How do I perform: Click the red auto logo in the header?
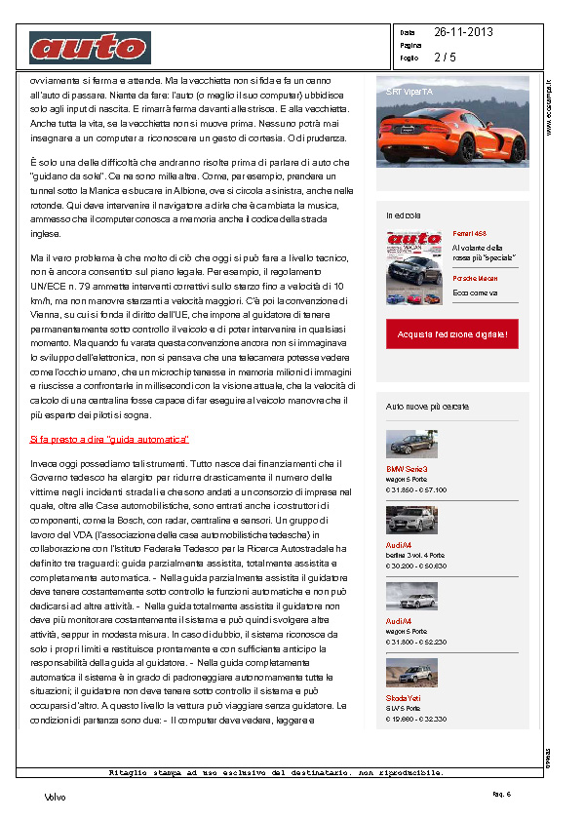pyautogui.click(x=90, y=47)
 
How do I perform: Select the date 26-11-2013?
pyautogui.click(x=463, y=32)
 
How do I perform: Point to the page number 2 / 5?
pyautogui.click(x=445, y=58)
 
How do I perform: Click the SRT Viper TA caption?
pyautogui.click(x=409, y=92)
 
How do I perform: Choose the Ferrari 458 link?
pyautogui.click(x=469, y=234)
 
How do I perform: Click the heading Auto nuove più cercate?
pyautogui.click(x=427, y=406)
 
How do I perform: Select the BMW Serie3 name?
pyautogui.click(x=407, y=469)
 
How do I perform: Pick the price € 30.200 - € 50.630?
pyautogui.click(x=416, y=566)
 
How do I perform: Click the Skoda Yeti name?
pyautogui.click(x=405, y=700)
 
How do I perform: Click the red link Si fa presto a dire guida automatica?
pyautogui.click(x=109, y=440)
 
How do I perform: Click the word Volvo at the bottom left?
pyautogui.click(x=56, y=797)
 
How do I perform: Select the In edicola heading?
pyautogui.click(x=404, y=215)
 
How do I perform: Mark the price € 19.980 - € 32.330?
pyautogui.click(x=416, y=719)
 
